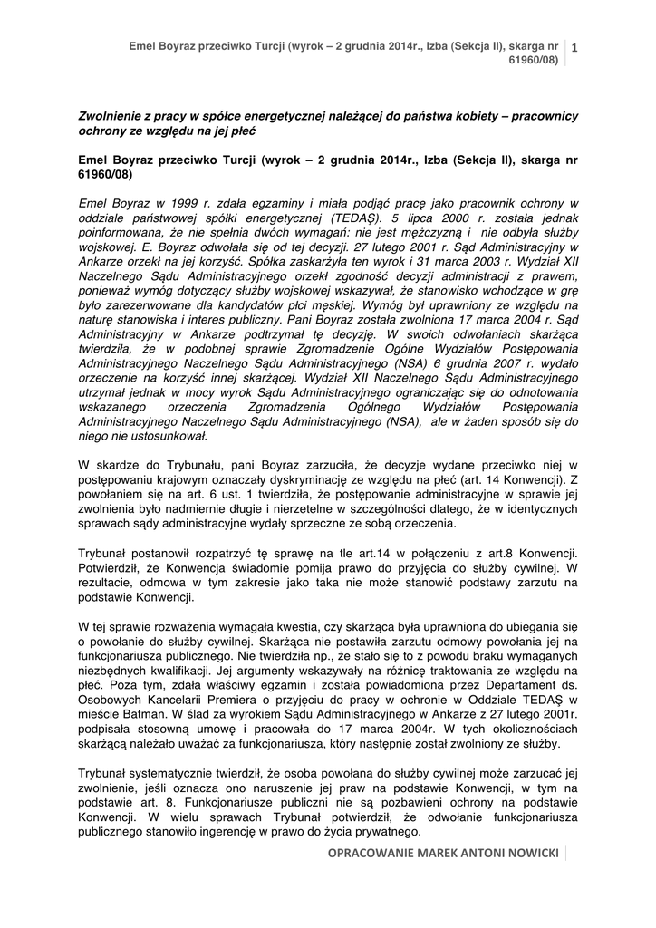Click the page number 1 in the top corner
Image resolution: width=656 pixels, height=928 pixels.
(574, 47)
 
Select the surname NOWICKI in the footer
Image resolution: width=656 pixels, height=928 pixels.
(529, 854)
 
